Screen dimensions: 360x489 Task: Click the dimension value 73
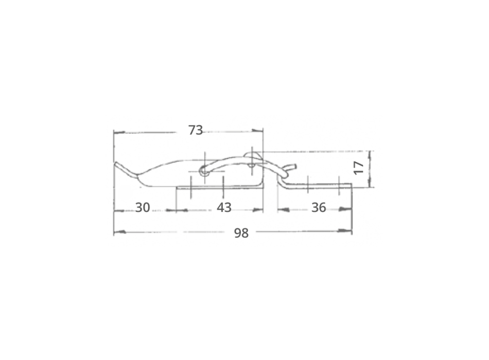(196, 130)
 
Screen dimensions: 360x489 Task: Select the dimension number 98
(241, 233)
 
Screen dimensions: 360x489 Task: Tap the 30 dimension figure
(143, 208)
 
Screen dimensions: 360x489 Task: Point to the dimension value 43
(224, 208)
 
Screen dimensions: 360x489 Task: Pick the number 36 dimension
(319, 208)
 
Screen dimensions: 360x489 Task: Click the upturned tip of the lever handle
(118, 165)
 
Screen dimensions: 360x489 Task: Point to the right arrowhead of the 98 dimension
(348, 232)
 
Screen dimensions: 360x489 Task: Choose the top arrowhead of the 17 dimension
(372, 155)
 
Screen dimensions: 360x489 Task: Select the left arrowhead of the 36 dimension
(282, 210)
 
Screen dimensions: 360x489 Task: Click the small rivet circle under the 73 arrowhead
(251, 165)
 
